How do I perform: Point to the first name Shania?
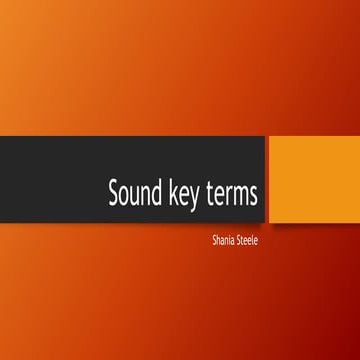click(x=213, y=240)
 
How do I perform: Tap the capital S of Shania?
click(x=203, y=240)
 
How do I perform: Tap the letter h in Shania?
click(x=208, y=240)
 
